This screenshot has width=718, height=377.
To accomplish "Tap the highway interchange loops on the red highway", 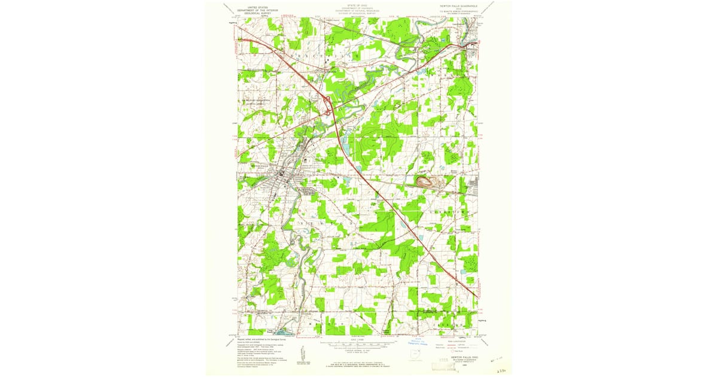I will point(328,107).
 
